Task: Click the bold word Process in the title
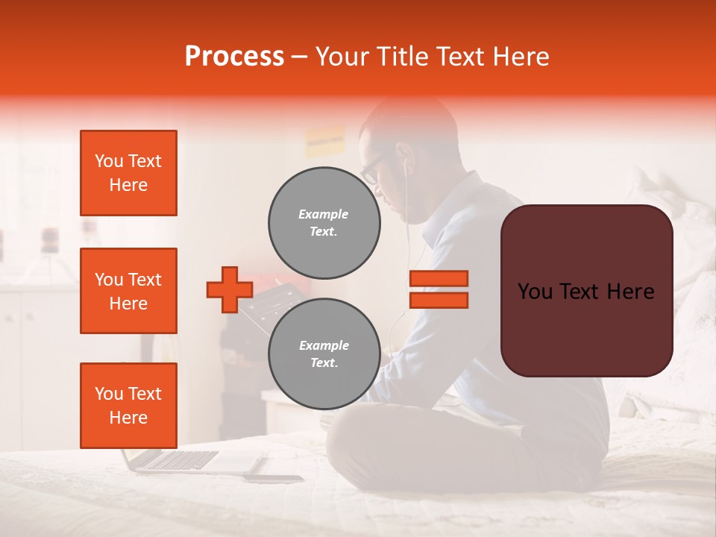(x=234, y=57)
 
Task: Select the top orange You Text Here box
(x=128, y=173)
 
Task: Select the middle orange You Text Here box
(x=128, y=291)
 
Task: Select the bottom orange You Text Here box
(x=128, y=405)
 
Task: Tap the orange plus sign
(x=229, y=289)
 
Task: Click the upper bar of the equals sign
(x=439, y=278)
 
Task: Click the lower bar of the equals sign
(x=439, y=300)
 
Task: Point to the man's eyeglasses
(x=371, y=170)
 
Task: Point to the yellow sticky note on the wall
(x=324, y=140)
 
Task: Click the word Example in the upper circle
(x=324, y=214)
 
